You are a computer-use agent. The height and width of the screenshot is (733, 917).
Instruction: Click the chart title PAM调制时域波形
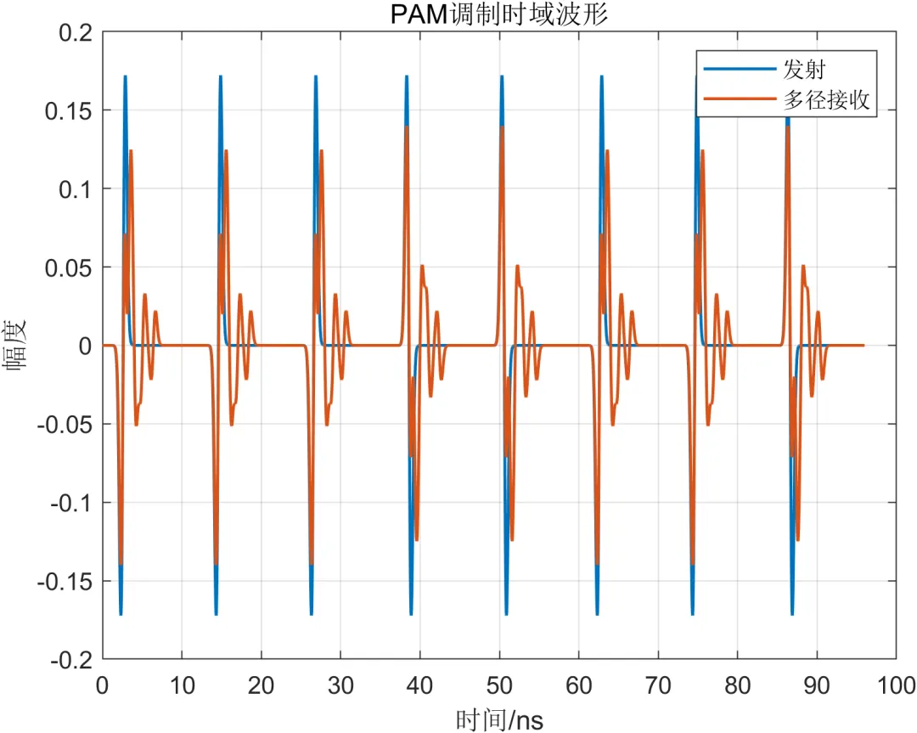(499, 14)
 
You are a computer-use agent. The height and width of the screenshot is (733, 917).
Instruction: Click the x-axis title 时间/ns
(499, 719)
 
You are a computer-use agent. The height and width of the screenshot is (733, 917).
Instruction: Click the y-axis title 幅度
(16, 346)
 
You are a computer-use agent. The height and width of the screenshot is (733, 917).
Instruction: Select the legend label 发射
(804, 70)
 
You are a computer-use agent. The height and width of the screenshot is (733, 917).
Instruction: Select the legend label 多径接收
(826, 100)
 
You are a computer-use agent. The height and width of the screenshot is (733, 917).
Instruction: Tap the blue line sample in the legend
(740, 69)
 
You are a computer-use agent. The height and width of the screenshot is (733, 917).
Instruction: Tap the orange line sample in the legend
(740, 99)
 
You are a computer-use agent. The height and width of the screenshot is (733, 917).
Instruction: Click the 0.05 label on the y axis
(69, 268)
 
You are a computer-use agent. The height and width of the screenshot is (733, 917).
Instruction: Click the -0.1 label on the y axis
(72, 503)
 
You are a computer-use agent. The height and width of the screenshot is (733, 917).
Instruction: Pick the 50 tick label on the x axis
(499, 685)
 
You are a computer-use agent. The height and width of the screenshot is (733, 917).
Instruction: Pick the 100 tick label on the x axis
(896, 685)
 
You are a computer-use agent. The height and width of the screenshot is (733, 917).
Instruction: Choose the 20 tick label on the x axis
(261, 685)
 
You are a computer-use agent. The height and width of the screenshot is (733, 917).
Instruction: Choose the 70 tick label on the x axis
(658, 685)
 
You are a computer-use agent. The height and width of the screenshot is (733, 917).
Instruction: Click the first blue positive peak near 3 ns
(125, 76)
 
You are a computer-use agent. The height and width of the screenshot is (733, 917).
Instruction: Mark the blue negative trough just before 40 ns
(411, 613)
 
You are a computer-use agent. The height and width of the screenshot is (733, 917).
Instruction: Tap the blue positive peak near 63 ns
(602, 76)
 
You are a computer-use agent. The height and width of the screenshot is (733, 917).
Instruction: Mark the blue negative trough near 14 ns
(217, 613)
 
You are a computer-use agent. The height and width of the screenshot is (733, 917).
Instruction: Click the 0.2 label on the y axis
(76, 33)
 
